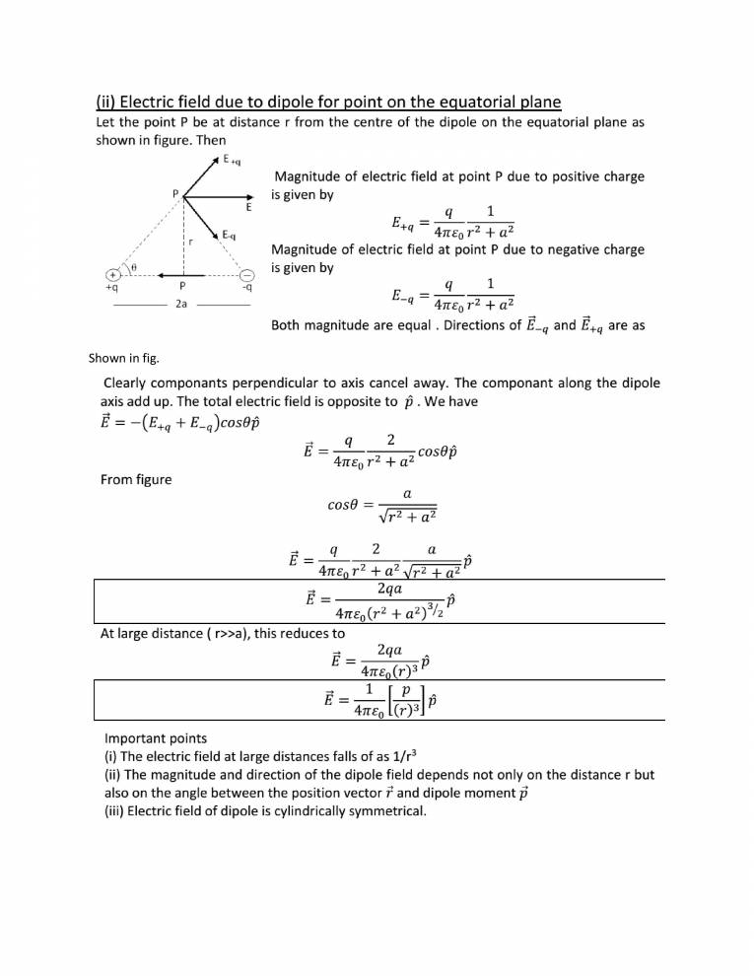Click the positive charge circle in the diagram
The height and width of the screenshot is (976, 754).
click(114, 274)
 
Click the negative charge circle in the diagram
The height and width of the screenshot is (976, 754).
click(247, 274)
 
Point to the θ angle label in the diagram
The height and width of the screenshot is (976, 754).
click(134, 267)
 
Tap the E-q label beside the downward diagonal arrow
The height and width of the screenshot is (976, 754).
click(228, 235)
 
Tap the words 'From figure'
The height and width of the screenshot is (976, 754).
click(136, 479)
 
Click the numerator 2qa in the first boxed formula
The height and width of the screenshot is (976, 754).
click(395, 588)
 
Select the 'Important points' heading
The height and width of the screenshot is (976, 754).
click(156, 737)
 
